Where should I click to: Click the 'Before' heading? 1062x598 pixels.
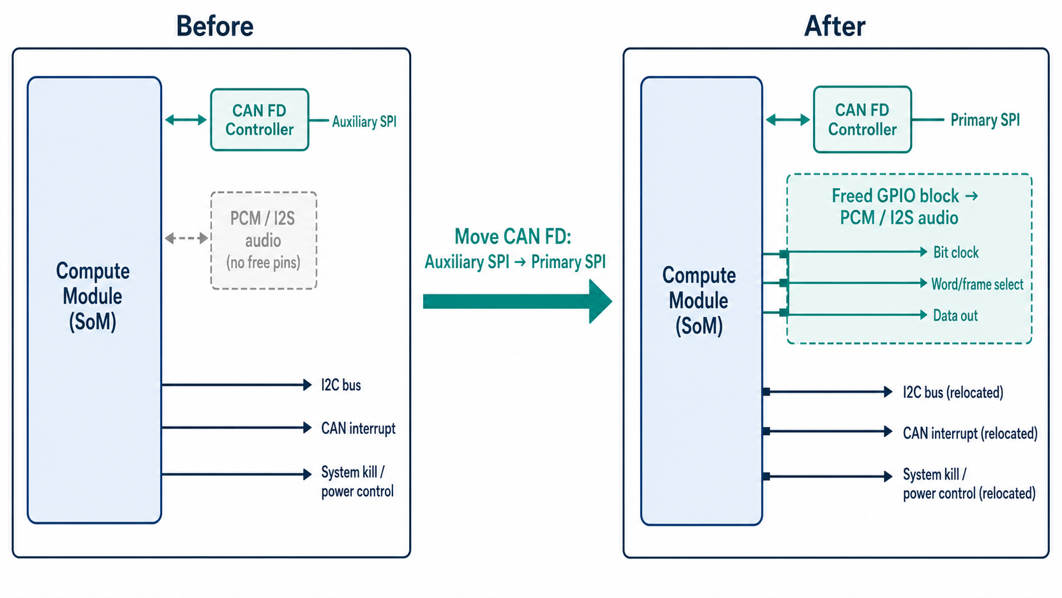pyautogui.click(x=215, y=26)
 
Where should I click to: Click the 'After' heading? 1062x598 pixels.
pyautogui.click(x=835, y=26)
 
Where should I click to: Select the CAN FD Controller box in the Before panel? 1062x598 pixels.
pyautogui.click(x=259, y=119)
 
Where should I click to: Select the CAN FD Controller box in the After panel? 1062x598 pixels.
pyautogui.click(x=862, y=119)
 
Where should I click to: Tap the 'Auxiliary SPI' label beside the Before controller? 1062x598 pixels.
pyautogui.click(x=364, y=121)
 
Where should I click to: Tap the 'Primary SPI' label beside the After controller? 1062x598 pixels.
pyautogui.click(x=985, y=120)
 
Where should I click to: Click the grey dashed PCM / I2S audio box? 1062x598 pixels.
pyautogui.click(x=264, y=240)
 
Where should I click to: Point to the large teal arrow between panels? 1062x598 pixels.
pyautogui.click(x=517, y=301)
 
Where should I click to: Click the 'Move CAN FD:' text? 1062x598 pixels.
pyautogui.click(x=513, y=236)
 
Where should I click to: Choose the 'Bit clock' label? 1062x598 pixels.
pyautogui.click(x=956, y=252)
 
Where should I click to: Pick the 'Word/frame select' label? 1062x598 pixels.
pyautogui.click(x=977, y=284)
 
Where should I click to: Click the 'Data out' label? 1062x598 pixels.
pyautogui.click(x=955, y=315)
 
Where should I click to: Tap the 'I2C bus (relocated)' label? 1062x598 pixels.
pyautogui.click(x=953, y=392)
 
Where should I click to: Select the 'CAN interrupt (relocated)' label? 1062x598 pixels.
pyautogui.click(x=970, y=433)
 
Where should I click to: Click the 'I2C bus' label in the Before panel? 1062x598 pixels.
pyautogui.click(x=341, y=384)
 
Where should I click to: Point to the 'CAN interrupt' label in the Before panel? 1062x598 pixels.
pyautogui.click(x=358, y=428)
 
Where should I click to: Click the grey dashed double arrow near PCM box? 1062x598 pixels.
pyautogui.click(x=186, y=238)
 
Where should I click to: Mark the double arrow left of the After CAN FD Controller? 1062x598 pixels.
pyautogui.click(x=788, y=120)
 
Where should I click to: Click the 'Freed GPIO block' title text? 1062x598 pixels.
pyautogui.click(x=896, y=196)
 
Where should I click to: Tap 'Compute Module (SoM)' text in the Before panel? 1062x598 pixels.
pyautogui.click(x=93, y=296)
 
